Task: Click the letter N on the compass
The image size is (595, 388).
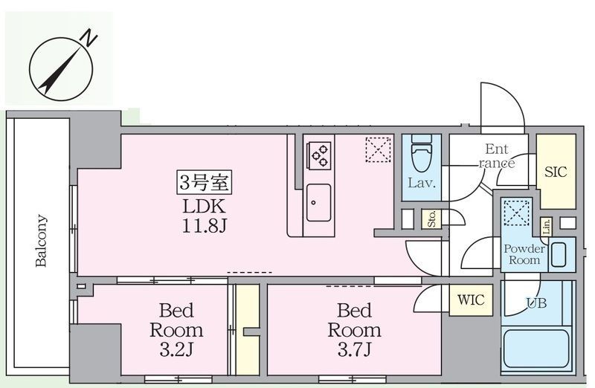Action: tap(89, 39)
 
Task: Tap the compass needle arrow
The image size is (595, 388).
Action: tap(61, 71)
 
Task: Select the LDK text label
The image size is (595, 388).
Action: tap(204, 207)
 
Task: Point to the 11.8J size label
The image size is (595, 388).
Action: tap(204, 227)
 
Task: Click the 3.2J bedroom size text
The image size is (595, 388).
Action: tap(176, 349)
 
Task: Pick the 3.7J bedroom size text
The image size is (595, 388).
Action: tap(355, 349)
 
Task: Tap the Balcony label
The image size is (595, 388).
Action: tap(42, 241)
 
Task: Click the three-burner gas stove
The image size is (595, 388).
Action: tap(319, 155)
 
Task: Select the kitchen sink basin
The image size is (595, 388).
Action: tap(318, 202)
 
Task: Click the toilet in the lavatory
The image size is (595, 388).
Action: tap(422, 155)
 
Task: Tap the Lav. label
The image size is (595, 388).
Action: tap(422, 184)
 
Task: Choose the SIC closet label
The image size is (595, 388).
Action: tap(556, 172)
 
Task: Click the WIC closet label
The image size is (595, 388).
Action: tap(471, 300)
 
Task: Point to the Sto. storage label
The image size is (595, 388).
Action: tap(432, 219)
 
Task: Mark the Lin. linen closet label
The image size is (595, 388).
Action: tap(546, 227)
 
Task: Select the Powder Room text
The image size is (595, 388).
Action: tap(524, 254)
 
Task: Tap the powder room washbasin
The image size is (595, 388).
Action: tap(559, 255)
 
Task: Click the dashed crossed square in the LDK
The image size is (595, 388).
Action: tap(379, 149)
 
